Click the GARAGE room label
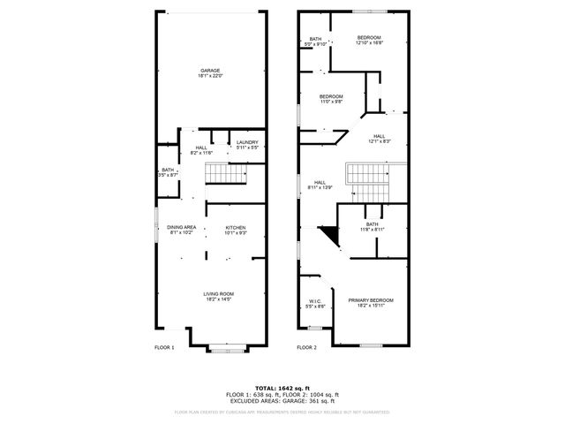pos(209,71)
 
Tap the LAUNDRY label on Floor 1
pos(247,142)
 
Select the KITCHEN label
pos(235,227)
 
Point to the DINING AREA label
pos(182,227)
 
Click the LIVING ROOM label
pos(218,294)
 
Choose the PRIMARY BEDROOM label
pos(371,300)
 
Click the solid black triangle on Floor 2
pos(329,236)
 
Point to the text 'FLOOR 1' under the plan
pos(164,347)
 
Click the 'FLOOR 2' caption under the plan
pos(307,347)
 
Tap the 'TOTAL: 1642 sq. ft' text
pos(282,388)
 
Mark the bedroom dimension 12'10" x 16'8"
pos(368,42)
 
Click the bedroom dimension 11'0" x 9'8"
pos(331,102)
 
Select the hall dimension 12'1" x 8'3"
pos(379,141)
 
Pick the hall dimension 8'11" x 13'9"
pos(320,187)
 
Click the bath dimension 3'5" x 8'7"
pos(168,176)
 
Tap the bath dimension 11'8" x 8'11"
pos(373,230)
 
